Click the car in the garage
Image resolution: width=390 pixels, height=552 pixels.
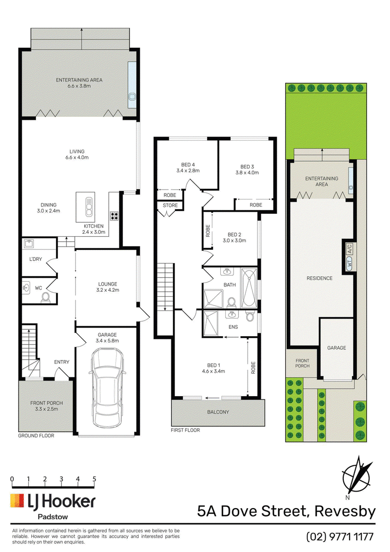107,388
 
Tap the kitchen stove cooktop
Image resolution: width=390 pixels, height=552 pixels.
114,215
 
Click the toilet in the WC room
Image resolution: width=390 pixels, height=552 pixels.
46,298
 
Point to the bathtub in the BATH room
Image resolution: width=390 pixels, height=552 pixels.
249,287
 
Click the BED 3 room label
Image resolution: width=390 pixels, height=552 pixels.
247,170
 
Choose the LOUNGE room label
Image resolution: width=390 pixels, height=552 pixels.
108,287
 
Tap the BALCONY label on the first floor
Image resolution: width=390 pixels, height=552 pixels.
218,412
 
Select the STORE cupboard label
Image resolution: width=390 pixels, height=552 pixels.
170,205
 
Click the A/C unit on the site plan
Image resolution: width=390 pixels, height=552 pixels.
350,249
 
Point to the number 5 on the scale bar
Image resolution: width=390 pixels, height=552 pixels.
94,479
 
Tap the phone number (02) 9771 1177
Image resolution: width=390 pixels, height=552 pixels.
340,537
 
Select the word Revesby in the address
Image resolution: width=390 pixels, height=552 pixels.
345,511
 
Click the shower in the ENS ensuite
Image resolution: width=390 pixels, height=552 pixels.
211,323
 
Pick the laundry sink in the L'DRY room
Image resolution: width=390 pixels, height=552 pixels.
29,243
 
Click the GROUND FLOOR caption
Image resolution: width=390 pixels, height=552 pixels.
36,436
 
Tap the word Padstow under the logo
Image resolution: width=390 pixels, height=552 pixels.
53,517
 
